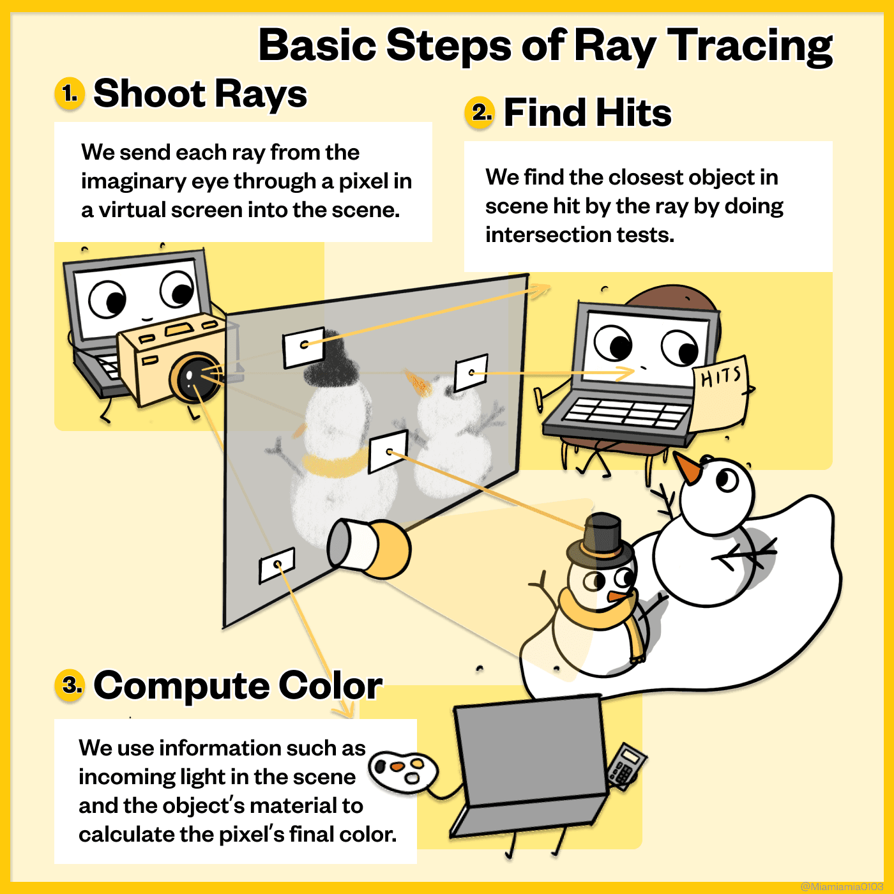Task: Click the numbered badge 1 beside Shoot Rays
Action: tap(70, 93)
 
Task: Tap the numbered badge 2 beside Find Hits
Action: tap(480, 112)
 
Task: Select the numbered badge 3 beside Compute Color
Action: tap(70, 685)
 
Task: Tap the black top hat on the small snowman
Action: tap(600, 539)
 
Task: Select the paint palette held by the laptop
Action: tap(403, 770)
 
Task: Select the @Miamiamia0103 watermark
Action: tap(842, 886)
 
